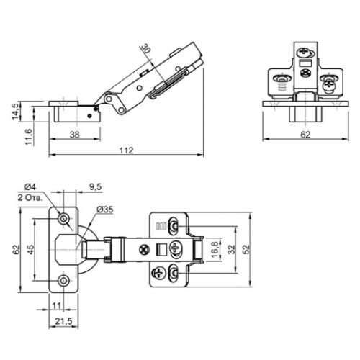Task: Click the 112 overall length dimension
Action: point(126,150)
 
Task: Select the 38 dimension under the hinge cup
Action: point(74,135)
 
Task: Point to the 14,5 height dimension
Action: point(15,111)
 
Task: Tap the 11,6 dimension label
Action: point(28,137)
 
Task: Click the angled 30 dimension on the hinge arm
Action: point(145,48)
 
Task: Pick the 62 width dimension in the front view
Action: point(305,135)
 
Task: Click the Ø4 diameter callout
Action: point(30,186)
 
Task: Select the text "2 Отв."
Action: point(30,198)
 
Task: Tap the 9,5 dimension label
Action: point(96,186)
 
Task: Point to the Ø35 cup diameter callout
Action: point(105,210)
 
